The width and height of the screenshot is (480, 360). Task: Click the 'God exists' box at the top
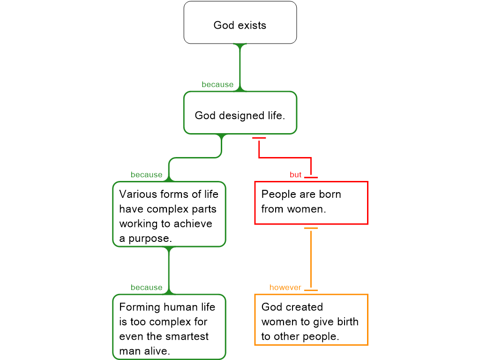[240, 22]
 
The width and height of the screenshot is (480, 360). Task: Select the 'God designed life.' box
[240, 112]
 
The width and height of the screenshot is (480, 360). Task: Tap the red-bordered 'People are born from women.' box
[311, 202]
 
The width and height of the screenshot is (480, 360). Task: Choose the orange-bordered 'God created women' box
[311, 320]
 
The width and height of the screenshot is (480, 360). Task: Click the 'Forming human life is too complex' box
[169, 327]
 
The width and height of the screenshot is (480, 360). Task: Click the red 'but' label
[295, 175]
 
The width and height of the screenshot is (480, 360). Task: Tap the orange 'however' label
[285, 287]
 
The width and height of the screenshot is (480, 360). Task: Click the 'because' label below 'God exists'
[217, 84]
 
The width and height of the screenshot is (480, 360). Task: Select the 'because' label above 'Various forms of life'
[146, 175]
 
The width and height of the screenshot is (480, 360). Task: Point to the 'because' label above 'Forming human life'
[146, 287]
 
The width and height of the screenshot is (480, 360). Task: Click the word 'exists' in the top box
[252, 25]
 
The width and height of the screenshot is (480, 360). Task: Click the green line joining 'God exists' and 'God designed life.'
[240, 66]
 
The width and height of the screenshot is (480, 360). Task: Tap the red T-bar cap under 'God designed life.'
[259, 138]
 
